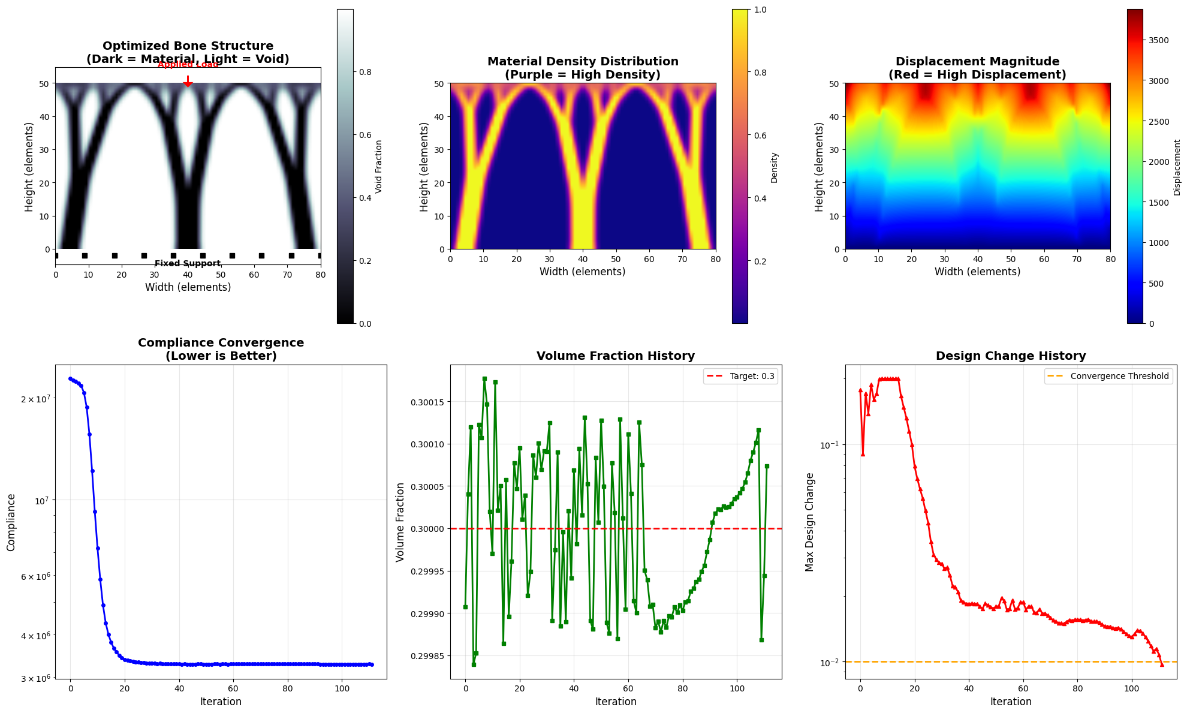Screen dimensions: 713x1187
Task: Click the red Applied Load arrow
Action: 188,82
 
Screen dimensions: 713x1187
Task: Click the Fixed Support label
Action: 188,264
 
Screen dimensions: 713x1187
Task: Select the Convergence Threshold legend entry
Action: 1109,377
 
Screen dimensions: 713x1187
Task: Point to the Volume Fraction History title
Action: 616,356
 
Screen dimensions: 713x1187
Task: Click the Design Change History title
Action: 1011,356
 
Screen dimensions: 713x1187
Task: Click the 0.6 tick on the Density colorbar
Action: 760,136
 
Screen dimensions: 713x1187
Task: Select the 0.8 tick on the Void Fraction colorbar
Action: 365,72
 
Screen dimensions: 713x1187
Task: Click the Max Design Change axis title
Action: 810,522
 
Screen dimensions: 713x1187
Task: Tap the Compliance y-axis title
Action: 11,522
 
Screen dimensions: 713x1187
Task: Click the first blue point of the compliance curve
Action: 70,378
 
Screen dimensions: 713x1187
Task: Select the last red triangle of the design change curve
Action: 1162,664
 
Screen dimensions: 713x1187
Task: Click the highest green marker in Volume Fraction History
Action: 484,378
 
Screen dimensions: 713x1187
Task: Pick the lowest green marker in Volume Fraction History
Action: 474,664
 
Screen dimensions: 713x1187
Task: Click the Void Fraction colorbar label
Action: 379,167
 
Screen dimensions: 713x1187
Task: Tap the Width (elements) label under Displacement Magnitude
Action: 977,272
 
